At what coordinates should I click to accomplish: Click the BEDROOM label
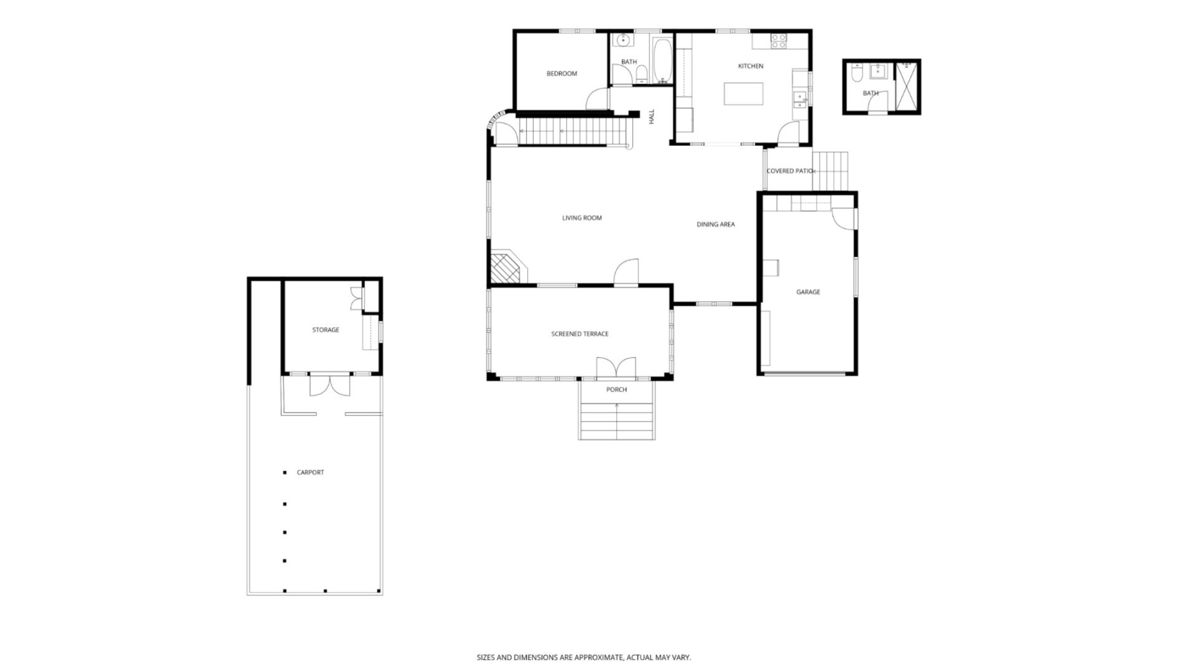(x=562, y=73)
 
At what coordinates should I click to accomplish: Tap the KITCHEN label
(x=750, y=66)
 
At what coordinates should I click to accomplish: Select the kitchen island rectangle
(x=743, y=94)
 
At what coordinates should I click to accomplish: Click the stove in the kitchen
(x=779, y=41)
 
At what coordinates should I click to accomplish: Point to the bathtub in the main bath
(x=662, y=60)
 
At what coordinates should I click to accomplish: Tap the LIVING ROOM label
(x=581, y=218)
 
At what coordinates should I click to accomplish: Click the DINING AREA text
(x=715, y=224)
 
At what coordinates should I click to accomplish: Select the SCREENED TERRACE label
(x=580, y=334)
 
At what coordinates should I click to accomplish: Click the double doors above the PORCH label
(x=616, y=368)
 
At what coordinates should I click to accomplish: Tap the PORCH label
(x=616, y=390)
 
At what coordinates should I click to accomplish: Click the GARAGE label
(x=808, y=292)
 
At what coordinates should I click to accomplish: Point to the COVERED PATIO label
(x=789, y=171)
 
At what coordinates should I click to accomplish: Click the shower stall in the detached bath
(x=907, y=86)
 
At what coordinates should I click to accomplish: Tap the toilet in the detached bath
(x=856, y=74)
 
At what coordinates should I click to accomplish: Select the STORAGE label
(x=325, y=330)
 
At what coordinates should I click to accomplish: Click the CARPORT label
(x=310, y=472)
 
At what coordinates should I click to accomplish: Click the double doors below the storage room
(x=330, y=385)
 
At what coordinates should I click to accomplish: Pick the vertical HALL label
(x=652, y=116)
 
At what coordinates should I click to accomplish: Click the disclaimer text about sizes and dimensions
(x=583, y=657)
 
